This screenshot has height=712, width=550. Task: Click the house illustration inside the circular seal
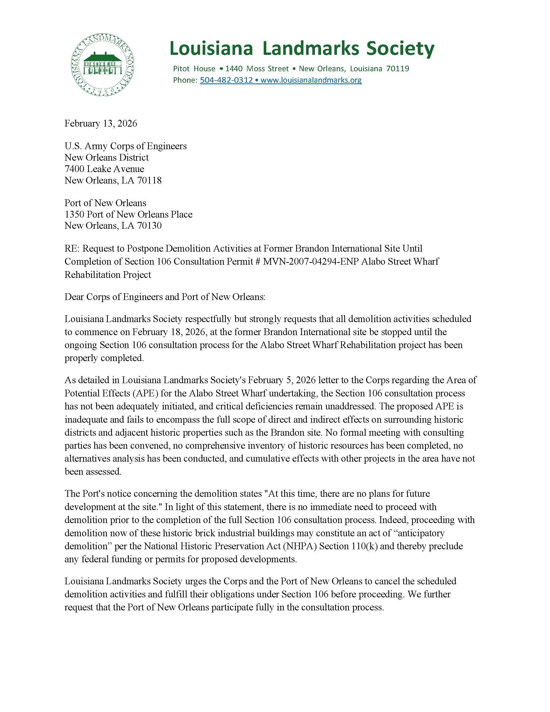click(103, 63)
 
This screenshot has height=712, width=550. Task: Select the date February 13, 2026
click(101, 123)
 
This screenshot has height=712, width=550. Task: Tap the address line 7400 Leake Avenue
click(104, 169)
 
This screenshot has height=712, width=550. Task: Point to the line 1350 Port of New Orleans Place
click(128, 214)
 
